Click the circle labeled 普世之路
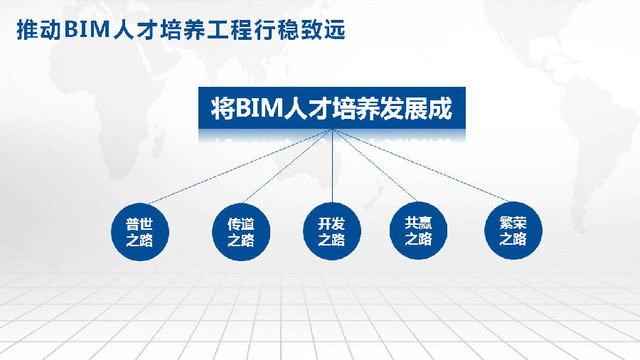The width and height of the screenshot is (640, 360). click(x=140, y=232)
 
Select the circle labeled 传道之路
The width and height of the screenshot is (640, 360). click(x=241, y=232)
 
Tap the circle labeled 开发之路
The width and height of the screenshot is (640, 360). click(x=332, y=231)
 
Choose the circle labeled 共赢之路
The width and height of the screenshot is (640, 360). click(x=418, y=231)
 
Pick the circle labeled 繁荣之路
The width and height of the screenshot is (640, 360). click(x=513, y=231)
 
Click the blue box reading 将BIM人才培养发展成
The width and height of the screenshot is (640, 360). click(x=332, y=108)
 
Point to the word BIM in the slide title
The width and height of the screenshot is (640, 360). click(x=87, y=30)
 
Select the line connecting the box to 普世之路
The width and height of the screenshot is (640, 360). click(x=240, y=166)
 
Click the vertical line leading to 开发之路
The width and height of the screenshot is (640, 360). click(x=332, y=166)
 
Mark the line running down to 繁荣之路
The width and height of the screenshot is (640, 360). click(x=420, y=165)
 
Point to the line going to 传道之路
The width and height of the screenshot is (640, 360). click(x=288, y=166)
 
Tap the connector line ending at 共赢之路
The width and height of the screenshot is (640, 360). click(x=374, y=165)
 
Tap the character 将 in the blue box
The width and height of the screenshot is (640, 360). click(x=223, y=109)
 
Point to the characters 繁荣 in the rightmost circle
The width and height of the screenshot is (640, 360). click(x=513, y=223)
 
